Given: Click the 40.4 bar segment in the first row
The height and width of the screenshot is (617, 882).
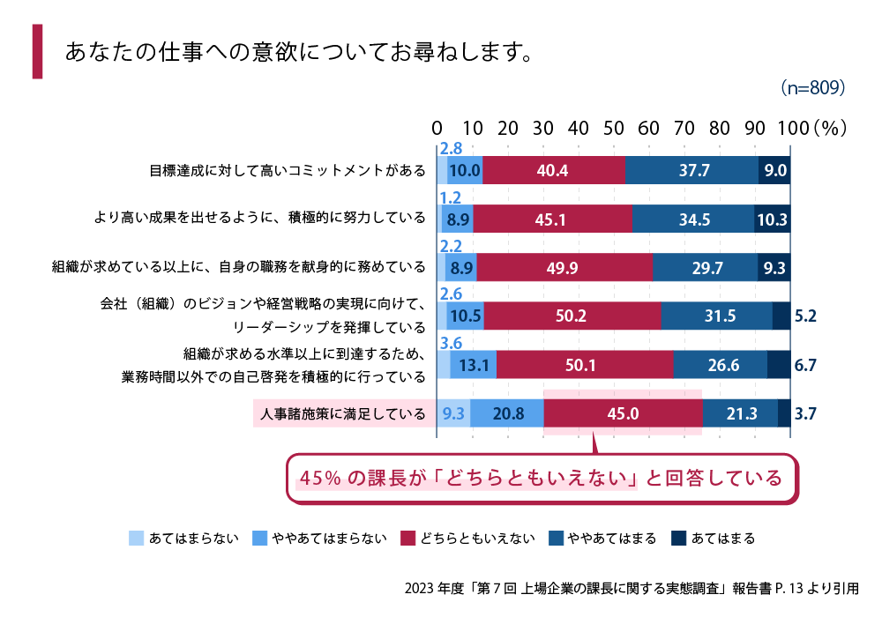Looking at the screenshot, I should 554,170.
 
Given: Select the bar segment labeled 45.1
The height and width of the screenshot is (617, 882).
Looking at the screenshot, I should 554,219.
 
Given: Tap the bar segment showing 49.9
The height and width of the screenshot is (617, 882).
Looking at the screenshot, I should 564,266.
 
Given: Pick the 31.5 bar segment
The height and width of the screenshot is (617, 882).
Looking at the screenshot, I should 716,315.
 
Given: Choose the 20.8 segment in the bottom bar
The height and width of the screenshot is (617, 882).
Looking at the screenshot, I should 507,412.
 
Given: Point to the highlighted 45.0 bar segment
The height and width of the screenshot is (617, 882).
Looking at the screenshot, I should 623,412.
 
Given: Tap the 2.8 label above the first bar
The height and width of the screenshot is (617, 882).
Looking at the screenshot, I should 451,149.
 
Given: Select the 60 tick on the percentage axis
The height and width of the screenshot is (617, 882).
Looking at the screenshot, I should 649,128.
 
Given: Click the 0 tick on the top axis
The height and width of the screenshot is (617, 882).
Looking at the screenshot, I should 437,128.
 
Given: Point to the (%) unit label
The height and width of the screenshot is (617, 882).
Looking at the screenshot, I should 830,128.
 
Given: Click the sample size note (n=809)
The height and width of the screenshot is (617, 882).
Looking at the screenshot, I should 813,88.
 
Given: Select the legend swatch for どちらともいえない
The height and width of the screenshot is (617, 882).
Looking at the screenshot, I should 407,538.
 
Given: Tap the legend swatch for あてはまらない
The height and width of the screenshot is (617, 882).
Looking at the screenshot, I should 136,538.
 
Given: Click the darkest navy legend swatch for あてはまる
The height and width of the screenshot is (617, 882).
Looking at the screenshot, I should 678,538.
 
